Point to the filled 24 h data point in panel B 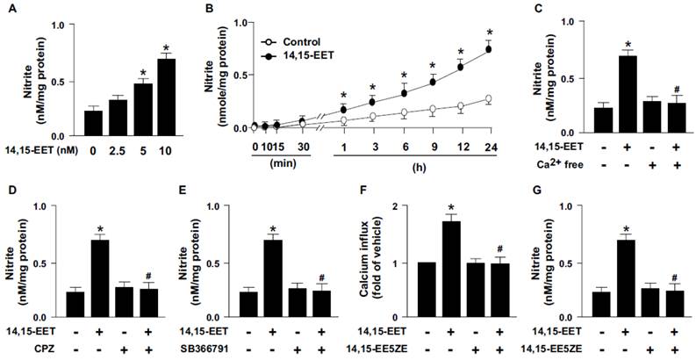[489, 49]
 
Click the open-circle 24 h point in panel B [489, 99]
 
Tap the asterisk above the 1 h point [343, 96]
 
